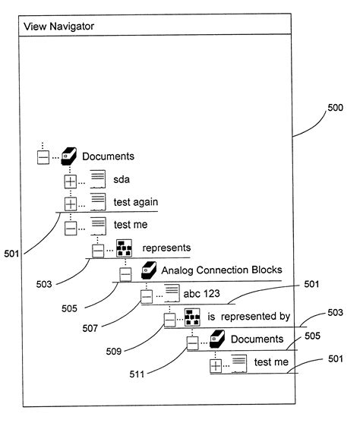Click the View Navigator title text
(x=58, y=26)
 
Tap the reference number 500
(x=335, y=108)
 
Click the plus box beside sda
(x=71, y=182)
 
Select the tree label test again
(x=135, y=202)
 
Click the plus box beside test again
(x=71, y=204)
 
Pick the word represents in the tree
(x=166, y=248)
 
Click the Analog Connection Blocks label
(x=222, y=270)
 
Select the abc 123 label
(x=201, y=293)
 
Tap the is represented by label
(x=249, y=317)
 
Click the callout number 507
(x=90, y=328)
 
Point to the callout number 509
(x=114, y=352)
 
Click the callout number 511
(x=137, y=374)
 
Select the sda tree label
(x=122, y=179)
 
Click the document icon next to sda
(x=98, y=179)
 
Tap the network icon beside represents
(x=124, y=248)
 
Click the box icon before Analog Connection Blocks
(x=149, y=270)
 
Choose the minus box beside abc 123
(x=147, y=296)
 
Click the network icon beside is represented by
(x=192, y=317)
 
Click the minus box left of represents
(x=98, y=251)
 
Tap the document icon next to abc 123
(x=172, y=293)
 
